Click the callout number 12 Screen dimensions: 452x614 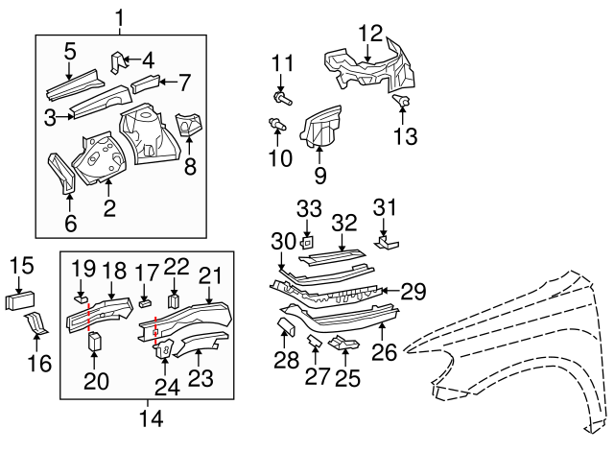point(369,33)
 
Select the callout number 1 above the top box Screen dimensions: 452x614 point(120,17)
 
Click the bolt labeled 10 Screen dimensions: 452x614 point(277,124)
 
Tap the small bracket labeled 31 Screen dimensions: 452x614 point(386,241)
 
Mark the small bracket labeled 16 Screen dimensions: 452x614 point(35,323)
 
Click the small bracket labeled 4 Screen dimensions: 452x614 point(118,62)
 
